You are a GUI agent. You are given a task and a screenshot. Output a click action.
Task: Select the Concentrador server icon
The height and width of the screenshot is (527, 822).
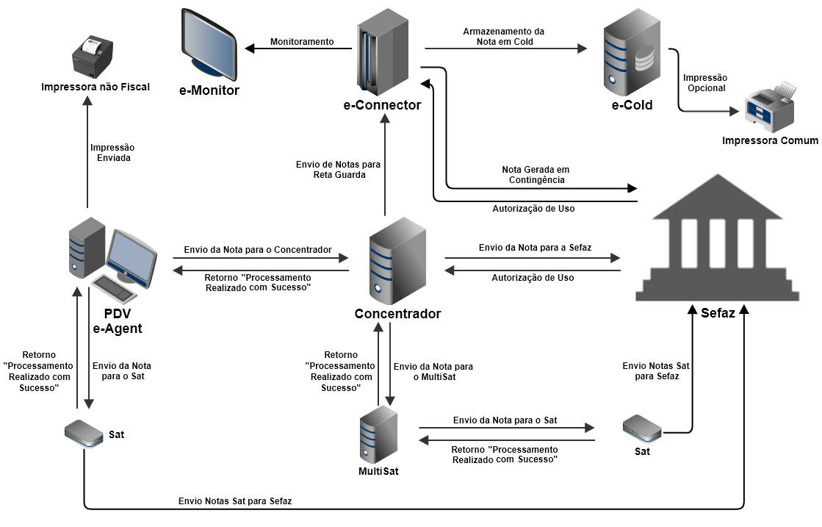tap(397, 261)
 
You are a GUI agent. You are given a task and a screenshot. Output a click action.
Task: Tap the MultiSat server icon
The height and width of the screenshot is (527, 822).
tap(378, 434)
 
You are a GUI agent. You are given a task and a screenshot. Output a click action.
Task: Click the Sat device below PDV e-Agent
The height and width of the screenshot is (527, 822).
tap(85, 434)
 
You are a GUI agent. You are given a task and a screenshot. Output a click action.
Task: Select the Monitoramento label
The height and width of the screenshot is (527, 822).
tap(301, 42)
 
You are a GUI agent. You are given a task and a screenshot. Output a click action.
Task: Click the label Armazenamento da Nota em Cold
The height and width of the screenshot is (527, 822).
tap(503, 37)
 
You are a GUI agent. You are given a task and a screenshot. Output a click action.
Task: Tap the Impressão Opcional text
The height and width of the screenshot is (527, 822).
tap(704, 82)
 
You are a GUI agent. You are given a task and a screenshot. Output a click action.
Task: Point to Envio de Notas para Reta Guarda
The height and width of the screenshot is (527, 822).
tap(338, 169)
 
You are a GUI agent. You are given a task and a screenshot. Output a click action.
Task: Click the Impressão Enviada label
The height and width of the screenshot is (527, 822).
tap(112, 152)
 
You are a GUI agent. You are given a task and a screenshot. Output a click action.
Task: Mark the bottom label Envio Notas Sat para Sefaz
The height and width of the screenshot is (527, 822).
tap(235, 501)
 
